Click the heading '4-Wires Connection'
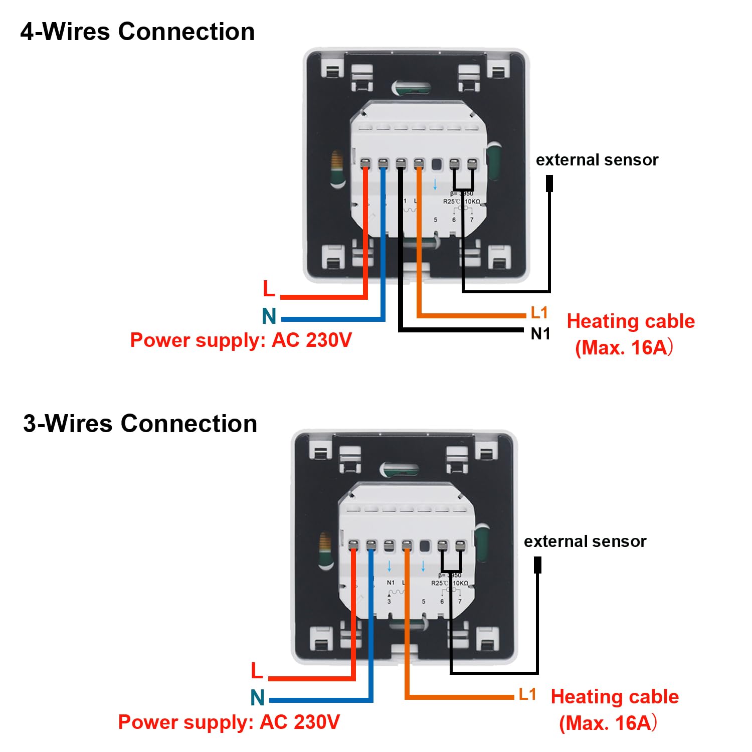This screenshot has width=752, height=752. [x=137, y=32]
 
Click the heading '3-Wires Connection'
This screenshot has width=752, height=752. [x=140, y=424]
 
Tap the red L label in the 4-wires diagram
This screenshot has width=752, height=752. [x=269, y=289]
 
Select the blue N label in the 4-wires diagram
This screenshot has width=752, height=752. [x=269, y=316]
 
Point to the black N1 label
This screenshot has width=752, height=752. [x=540, y=334]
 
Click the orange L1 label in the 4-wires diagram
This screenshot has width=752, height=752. [x=539, y=313]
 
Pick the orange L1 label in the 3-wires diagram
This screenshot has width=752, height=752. [x=527, y=694]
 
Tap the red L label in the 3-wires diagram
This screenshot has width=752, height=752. [x=257, y=671]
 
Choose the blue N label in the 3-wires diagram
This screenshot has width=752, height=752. [x=257, y=697]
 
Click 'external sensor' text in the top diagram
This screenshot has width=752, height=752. [x=597, y=160]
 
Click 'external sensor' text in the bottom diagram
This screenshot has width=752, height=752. [x=585, y=541]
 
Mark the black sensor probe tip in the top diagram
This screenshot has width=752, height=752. [x=549, y=183]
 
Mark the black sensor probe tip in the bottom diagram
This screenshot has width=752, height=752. [x=537, y=565]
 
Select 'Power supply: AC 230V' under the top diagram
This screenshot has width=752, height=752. [x=241, y=340]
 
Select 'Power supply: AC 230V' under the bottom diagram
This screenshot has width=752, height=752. [x=229, y=722]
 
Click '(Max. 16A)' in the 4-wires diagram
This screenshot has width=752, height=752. [x=624, y=347]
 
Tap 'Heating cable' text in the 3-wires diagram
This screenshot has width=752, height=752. [x=615, y=697]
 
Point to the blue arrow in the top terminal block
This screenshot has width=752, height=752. [x=435, y=184]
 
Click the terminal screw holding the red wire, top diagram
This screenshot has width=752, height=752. [x=365, y=163]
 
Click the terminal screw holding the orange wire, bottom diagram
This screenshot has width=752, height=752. [x=407, y=544]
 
